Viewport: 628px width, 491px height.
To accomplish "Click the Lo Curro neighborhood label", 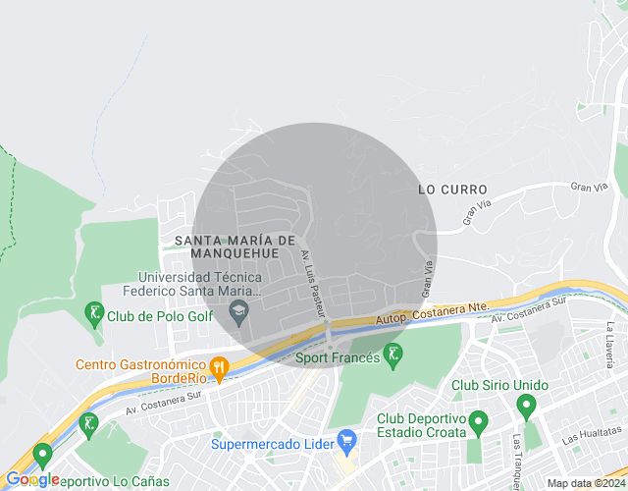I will click(x=452, y=188).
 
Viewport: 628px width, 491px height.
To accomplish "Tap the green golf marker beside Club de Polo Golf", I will click(x=94, y=315).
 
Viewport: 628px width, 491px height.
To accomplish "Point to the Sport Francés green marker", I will click(x=393, y=355).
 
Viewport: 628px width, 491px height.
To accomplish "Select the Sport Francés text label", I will click(x=338, y=358).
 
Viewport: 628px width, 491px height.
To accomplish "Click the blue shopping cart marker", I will click(x=344, y=439).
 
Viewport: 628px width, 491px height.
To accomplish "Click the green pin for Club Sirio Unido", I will click(x=525, y=405).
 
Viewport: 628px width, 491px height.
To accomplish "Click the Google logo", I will click(x=32, y=479).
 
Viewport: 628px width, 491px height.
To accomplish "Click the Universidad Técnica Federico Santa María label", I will click(x=192, y=284).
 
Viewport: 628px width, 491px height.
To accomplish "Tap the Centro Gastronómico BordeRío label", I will click(x=140, y=370).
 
